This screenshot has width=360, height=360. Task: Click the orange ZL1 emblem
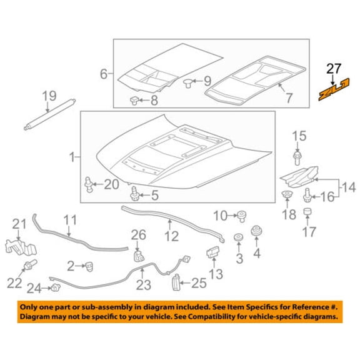point(334,89)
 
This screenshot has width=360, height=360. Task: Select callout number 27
point(334,69)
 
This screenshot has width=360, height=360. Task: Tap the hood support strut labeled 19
point(49,114)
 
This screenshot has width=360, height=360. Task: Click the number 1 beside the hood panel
point(72,157)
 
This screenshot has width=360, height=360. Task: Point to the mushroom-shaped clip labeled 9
point(187,83)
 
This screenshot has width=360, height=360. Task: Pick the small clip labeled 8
point(134,101)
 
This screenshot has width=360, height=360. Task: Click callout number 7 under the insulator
point(289,98)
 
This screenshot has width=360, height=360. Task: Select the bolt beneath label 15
point(297,157)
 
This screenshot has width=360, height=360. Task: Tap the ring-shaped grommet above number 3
point(239,237)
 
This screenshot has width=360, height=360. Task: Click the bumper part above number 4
point(256,231)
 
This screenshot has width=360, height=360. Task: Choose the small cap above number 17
point(307,211)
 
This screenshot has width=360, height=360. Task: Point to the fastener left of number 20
point(89,184)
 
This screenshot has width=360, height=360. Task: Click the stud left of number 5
point(134,194)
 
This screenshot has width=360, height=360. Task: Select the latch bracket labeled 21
point(21,247)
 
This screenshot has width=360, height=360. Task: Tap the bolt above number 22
point(30,264)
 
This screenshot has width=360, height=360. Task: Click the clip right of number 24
point(56,287)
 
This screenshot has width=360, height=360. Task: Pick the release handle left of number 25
point(176,282)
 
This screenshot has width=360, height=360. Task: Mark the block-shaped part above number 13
point(213,252)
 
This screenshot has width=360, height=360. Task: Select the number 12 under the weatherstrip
point(171,236)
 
